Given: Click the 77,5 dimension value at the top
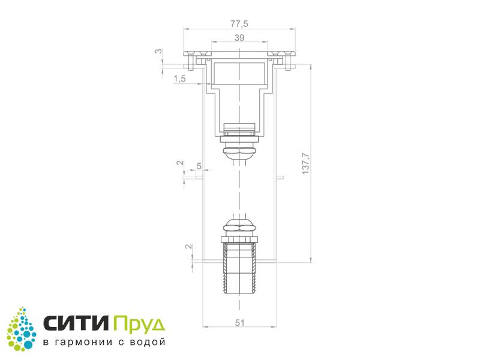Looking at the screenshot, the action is (x=239, y=23).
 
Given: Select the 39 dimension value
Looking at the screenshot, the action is (x=239, y=38).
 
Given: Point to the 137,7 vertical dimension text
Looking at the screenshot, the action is (x=305, y=163).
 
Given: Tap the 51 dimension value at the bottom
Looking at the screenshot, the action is (x=239, y=323).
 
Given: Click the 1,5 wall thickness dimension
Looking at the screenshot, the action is (x=179, y=79).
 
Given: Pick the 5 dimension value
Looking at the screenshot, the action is (x=199, y=166).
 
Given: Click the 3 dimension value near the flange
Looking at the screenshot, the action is (x=158, y=51).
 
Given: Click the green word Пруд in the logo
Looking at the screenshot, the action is (x=139, y=325).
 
